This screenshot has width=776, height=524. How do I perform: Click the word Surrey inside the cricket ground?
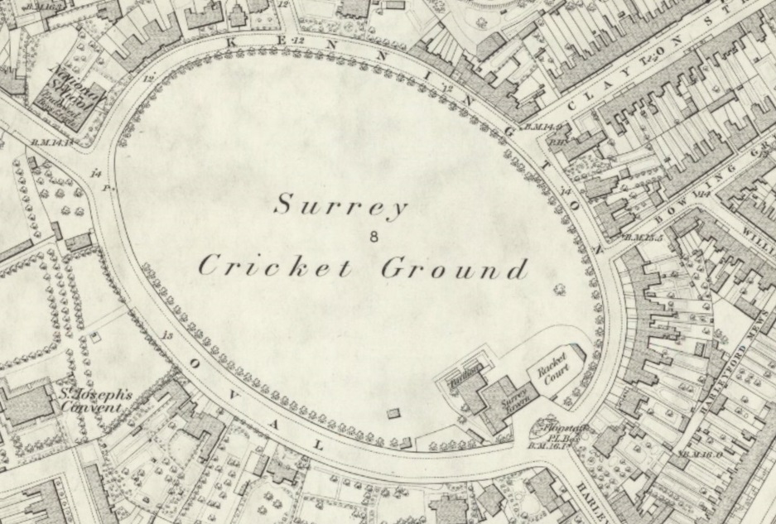coord(340,205)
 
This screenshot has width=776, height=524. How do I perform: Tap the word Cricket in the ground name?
coord(276,267)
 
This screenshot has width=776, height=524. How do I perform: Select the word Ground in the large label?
coord(455,270)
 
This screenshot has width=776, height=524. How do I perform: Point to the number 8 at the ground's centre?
coord(374,237)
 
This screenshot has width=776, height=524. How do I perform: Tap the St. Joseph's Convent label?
coord(96,400)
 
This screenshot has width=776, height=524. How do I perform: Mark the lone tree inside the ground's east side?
coord(557,290)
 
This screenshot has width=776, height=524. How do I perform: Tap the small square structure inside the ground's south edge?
coord(392,413)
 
